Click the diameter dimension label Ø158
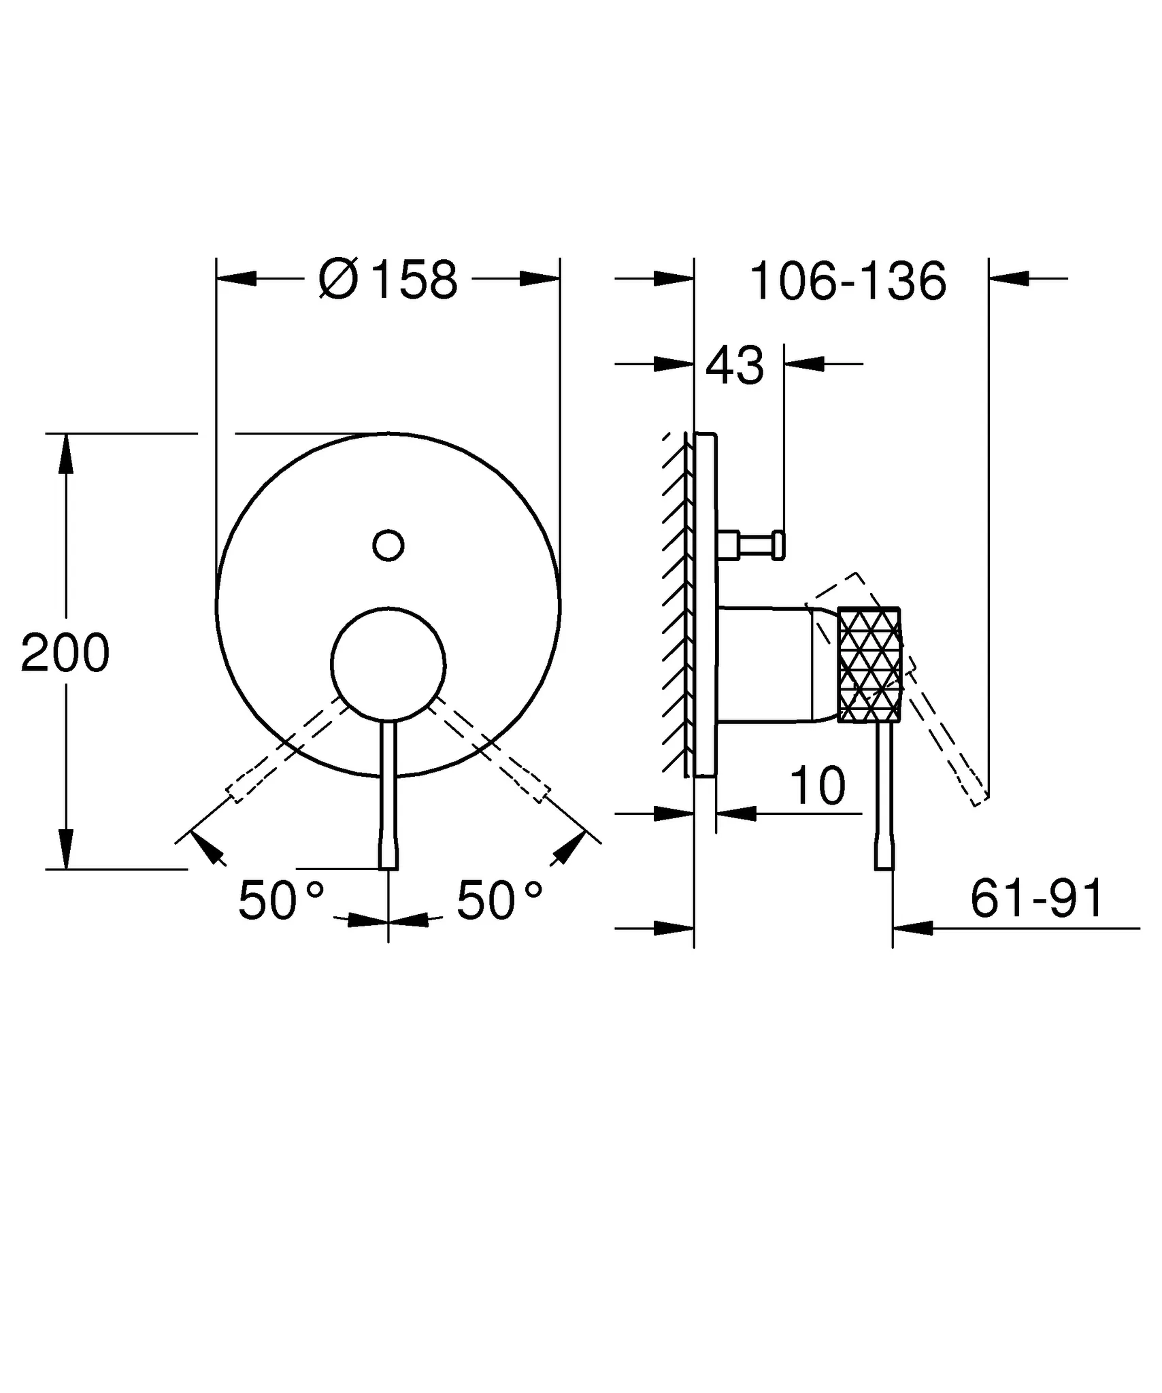pyautogui.click(x=388, y=280)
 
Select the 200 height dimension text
pyautogui.click(x=65, y=654)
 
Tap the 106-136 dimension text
pyautogui.click(x=847, y=282)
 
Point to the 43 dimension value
pyautogui.click(x=735, y=367)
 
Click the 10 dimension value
pyautogui.click(x=818, y=787)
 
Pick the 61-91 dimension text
pyautogui.click(x=1037, y=899)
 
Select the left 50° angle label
pyautogui.click(x=281, y=901)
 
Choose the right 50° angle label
pyautogui.click(x=499, y=901)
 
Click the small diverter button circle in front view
pyautogui.click(x=388, y=545)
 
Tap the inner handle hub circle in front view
pyautogui.click(x=388, y=664)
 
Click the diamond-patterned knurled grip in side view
pyautogui.click(x=869, y=665)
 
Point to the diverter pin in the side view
pyautogui.click(x=755, y=545)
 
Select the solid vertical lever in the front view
pyautogui.click(x=388, y=796)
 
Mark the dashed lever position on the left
pyautogui.click(x=286, y=752)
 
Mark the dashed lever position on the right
pyautogui.click(x=491, y=752)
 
